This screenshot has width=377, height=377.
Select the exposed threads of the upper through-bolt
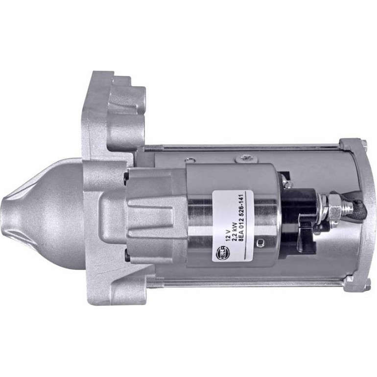(x=154, y=149)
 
